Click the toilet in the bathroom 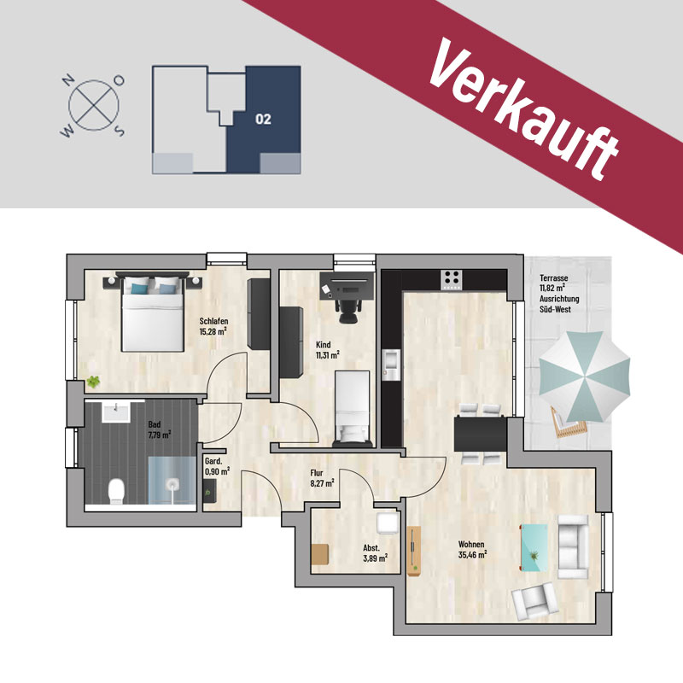pos(116,491)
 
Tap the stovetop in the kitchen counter pos(452,280)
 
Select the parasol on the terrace pos(584,377)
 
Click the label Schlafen pos(214,321)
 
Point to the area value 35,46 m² pos(472,555)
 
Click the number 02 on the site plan pos(263,119)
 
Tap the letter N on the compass pos(67,80)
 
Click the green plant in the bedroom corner pos(93,382)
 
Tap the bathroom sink pos(116,412)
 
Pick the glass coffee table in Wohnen pos(534,547)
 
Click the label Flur pos(317,473)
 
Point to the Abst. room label pos(371,548)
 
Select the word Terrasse pos(553,277)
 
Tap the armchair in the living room pos(535,602)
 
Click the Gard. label pos(214,461)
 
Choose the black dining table pos(481,434)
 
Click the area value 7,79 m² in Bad pos(160,435)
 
